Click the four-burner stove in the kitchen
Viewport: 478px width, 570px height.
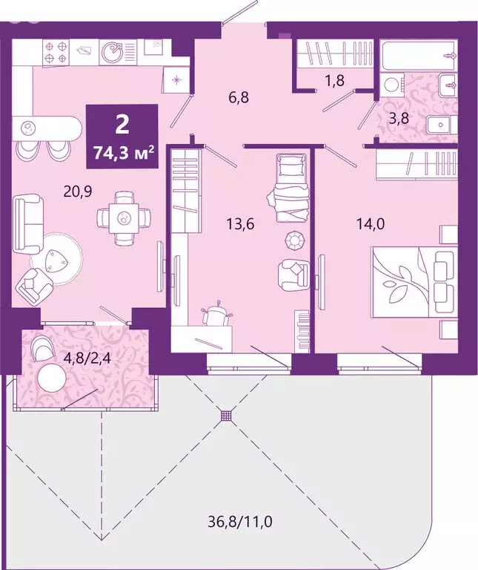click(56, 50)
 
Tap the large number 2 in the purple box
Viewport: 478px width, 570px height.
click(123, 125)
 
